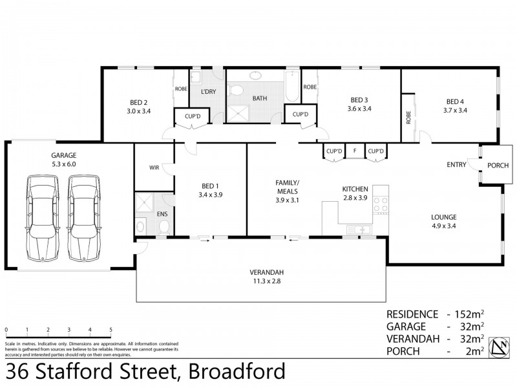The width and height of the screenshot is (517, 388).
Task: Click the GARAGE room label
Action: [64, 155]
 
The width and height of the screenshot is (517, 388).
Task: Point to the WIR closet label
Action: [154, 167]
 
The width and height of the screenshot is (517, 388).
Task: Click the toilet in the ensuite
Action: [164, 226]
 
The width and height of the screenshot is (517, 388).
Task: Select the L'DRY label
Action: [208, 92]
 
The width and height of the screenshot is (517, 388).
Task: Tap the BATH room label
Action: [260, 98]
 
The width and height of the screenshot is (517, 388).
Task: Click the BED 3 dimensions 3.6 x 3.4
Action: [359, 110]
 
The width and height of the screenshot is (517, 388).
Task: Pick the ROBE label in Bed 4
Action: [408, 118]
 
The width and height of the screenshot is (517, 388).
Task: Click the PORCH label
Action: [497, 165]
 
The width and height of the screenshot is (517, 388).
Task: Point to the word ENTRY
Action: [456, 165]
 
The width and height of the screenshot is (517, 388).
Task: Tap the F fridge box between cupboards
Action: [354, 151]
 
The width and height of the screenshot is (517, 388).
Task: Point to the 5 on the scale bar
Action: [111, 329]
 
